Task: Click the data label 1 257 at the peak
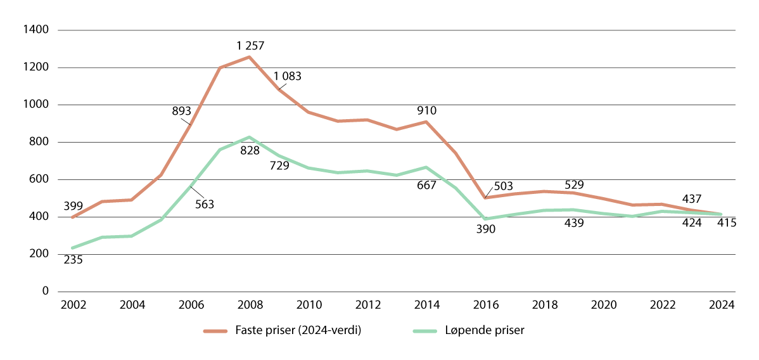[x=250, y=46]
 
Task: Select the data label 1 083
[x=288, y=76]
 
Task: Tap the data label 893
[x=182, y=112]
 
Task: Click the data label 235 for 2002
[x=73, y=259]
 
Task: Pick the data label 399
[x=73, y=206]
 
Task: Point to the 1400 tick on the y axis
[x=37, y=30]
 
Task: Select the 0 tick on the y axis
[x=45, y=292]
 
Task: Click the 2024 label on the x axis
[x=722, y=305]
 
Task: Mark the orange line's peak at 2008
[x=249, y=57]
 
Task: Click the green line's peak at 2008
[x=249, y=137]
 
